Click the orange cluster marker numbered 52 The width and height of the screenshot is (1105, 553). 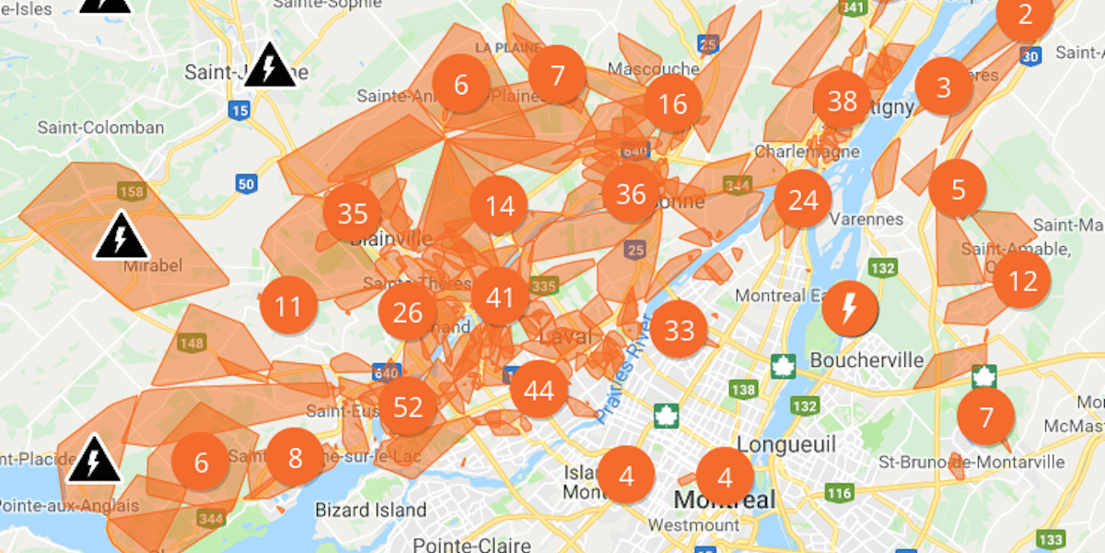pyautogui.click(x=408, y=406)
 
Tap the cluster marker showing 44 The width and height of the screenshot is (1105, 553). pyautogui.click(x=539, y=391)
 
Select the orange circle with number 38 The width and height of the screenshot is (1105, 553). pyautogui.click(x=843, y=100)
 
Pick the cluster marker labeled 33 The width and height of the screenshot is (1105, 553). pyautogui.click(x=680, y=330)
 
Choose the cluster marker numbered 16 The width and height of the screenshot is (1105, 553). pyautogui.click(x=673, y=103)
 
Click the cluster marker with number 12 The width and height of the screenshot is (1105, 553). pyautogui.click(x=1022, y=279)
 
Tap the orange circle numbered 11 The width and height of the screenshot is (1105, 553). pyautogui.click(x=288, y=306)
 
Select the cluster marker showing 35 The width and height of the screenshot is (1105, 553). pyautogui.click(x=353, y=214)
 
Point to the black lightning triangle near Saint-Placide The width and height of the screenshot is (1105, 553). pyautogui.click(x=94, y=460)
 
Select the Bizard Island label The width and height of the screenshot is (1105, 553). pyautogui.click(x=371, y=510)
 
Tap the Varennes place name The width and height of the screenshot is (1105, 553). pyautogui.click(x=867, y=219)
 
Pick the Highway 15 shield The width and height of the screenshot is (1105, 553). pyautogui.click(x=239, y=111)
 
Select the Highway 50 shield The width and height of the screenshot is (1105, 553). pyautogui.click(x=246, y=183)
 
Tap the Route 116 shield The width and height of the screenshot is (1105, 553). pyautogui.click(x=839, y=493)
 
